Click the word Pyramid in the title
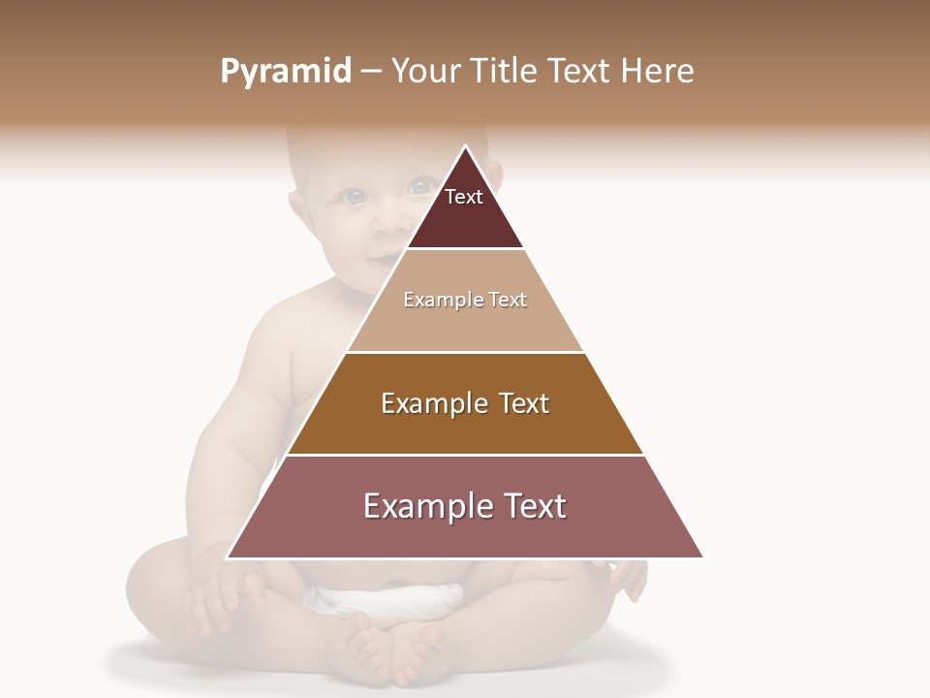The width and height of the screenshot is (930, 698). click(x=286, y=72)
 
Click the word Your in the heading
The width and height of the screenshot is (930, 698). click(x=425, y=71)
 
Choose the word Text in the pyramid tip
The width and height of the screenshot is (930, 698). click(x=464, y=197)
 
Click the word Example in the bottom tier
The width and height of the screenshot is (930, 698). click(x=425, y=506)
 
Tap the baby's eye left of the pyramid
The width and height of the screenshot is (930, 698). click(x=355, y=197)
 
